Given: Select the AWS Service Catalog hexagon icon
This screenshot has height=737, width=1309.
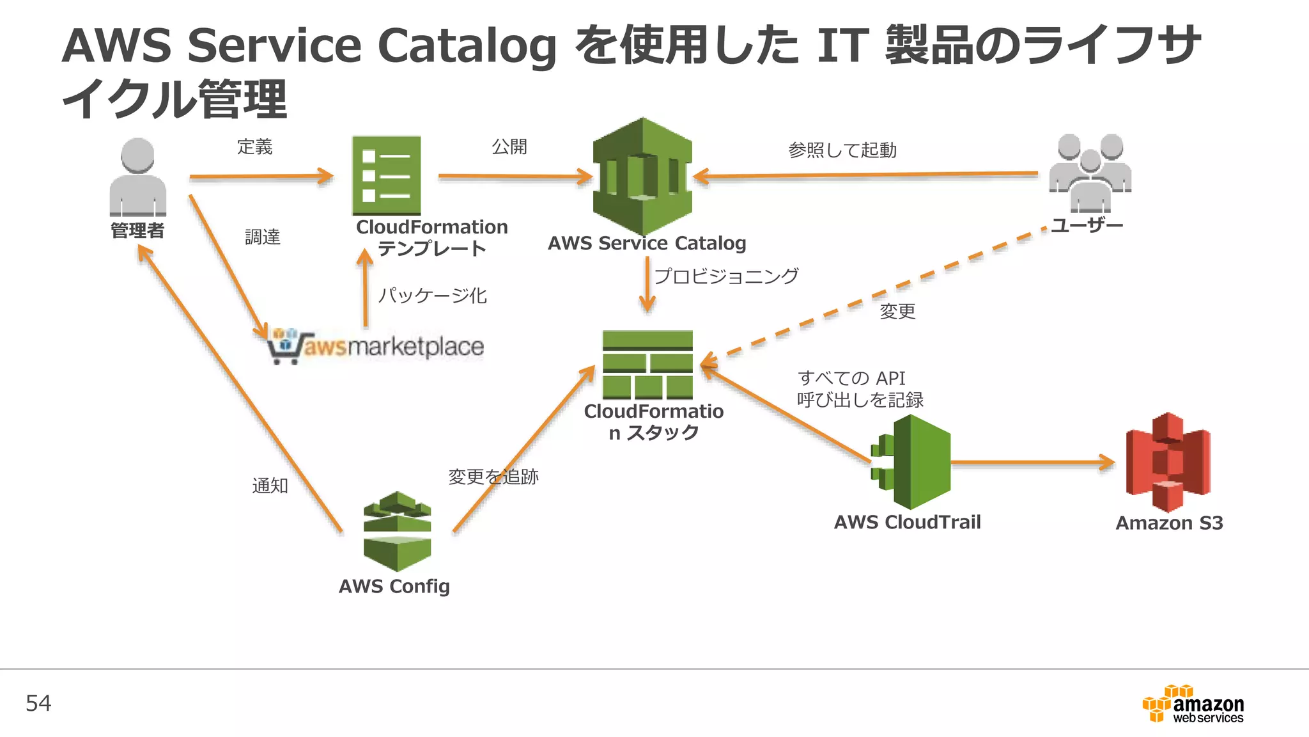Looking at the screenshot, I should (x=642, y=176).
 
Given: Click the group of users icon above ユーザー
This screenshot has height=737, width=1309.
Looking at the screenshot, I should (x=1090, y=173).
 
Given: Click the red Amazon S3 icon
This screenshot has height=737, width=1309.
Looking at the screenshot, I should (x=1168, y=462).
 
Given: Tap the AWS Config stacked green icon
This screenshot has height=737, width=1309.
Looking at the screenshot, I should (x=397, y=531).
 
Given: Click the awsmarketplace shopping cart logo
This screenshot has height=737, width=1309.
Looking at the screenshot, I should (x=375, y=347).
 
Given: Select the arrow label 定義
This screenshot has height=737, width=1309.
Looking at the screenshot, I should (x=254, y=147).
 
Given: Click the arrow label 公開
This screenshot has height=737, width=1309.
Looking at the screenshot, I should (x=509, y=147).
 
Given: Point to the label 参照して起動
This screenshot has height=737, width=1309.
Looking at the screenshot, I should (x=842, y=150).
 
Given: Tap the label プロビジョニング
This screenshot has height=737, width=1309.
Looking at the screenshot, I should (x=726, y=276).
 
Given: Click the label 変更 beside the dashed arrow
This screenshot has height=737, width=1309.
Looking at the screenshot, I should (x=897, y=312).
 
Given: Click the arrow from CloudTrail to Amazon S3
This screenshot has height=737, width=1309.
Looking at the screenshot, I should (x=1032, y=462).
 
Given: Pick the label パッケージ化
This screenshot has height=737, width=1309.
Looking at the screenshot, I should (x=432, y=296).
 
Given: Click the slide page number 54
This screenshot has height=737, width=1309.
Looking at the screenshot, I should (x=38, y=703).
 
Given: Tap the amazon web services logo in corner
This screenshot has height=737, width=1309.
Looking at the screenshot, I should (x=1193, y=704).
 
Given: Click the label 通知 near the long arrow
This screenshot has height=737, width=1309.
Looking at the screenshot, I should (x=270, y=486).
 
